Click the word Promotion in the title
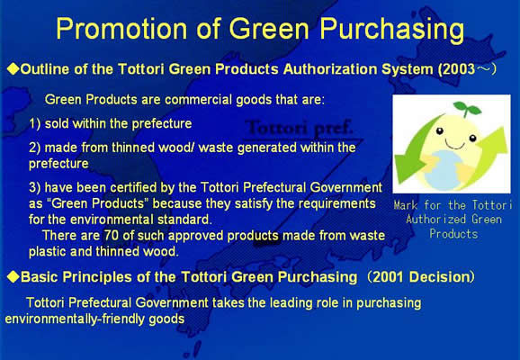pos(121,29)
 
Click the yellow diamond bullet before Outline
pos(13,69)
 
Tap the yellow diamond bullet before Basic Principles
pos(13,276)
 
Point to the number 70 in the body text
pos(112,235)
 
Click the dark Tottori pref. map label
pos(299,128)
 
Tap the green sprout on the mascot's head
pos(467,108)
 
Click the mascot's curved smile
pos(455,144)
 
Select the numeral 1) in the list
pos(34,124)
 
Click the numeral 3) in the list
pos(34,188)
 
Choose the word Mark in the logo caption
pos(406,205)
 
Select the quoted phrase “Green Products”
pos(96,203)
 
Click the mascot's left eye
pos(440,131)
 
